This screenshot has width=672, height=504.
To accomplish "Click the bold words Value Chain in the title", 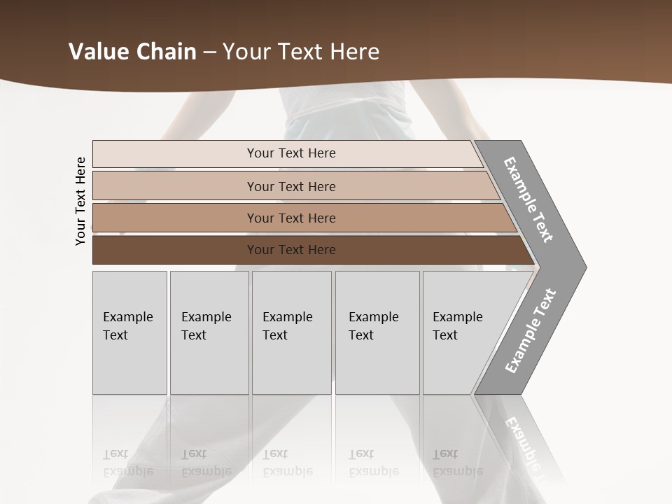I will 132,52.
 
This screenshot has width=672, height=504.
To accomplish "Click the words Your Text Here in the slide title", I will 301,52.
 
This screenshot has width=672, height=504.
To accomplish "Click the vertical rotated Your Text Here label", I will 80,201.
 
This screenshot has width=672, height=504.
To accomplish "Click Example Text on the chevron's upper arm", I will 528,199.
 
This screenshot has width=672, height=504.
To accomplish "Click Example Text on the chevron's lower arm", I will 531,331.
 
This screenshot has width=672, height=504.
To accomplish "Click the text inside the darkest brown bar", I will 291,250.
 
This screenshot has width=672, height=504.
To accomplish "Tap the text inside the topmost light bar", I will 291,153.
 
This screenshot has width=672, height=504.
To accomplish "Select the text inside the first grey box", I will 127,325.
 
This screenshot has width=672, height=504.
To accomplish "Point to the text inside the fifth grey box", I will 457,325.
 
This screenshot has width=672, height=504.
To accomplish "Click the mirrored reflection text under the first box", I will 127,463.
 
